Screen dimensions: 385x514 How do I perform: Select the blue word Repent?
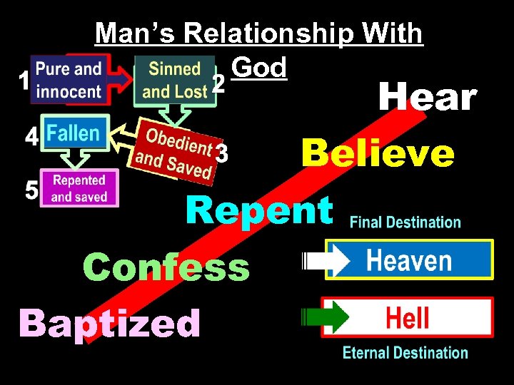(x=259, y=210)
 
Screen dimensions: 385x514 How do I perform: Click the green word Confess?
(x=166, y=268)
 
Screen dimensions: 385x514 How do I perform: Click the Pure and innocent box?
(x=69, y=80)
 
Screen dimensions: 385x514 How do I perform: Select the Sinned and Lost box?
(x=175, y=80)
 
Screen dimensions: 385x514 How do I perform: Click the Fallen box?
(x=74, y=133)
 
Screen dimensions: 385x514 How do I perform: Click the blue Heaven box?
(x=409, y=260)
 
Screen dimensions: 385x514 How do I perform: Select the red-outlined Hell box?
(x=408, y=317)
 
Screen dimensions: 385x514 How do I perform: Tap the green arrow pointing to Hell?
(x=327, y=317)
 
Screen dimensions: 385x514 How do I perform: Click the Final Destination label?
(x=405, y=222)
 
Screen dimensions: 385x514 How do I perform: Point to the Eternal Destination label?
(x=405, y=353)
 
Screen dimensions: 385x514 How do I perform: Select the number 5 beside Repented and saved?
(x=31, y=190)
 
